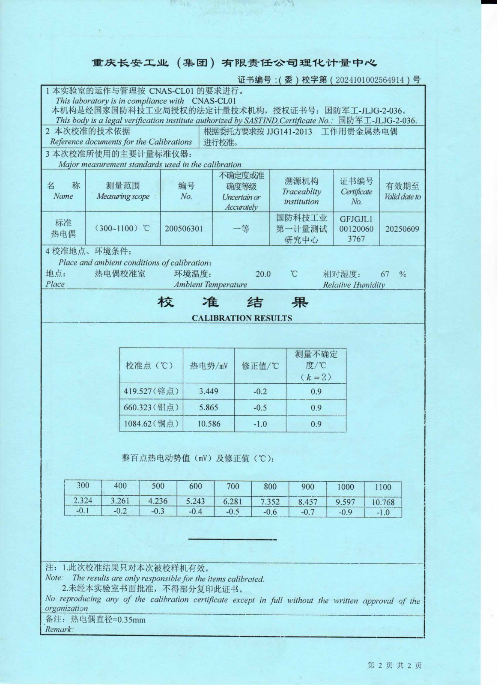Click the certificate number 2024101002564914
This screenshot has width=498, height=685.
370,80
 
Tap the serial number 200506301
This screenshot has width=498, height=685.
184,229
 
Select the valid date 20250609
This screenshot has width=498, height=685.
402,229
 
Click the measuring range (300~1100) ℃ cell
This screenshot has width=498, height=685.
122,228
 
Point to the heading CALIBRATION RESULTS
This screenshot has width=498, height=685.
242,318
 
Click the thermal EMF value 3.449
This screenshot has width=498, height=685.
209,391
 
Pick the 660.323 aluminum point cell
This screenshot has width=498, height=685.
151,408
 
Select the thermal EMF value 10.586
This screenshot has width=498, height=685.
209,424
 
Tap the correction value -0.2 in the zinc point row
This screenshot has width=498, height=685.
260,391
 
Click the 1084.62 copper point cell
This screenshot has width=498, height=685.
151,424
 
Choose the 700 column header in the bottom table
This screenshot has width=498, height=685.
233,486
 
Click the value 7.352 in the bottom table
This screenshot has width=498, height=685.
270,501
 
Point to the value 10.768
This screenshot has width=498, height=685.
383,502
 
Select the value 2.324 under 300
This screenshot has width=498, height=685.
83,500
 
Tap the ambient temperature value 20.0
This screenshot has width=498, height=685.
263,274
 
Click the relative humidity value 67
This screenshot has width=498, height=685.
385,274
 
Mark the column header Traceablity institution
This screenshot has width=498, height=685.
301,191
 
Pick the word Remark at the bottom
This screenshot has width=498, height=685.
59,629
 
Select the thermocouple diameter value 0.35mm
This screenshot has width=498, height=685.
131,619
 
